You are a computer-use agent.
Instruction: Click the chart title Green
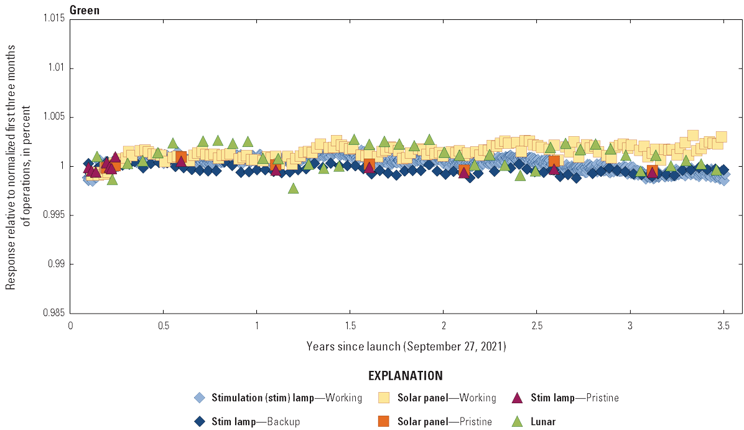85,10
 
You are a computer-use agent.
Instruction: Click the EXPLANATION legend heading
406,376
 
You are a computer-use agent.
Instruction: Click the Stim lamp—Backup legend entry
256,422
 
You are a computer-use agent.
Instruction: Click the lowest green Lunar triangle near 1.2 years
293,188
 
